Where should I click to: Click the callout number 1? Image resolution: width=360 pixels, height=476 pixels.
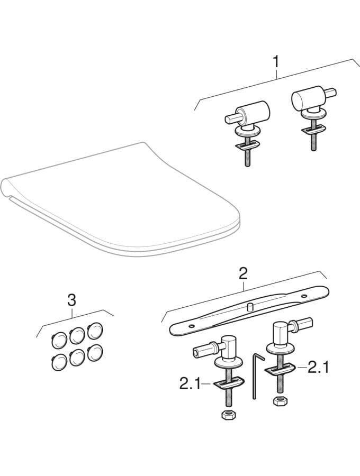[x=275, y=62]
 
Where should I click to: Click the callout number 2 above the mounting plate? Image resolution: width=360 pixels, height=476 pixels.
[x=243, y=273]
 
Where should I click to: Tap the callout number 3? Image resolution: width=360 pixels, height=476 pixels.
[x=71, y=301]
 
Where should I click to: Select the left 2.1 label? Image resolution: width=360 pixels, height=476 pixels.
[x=190, y=384]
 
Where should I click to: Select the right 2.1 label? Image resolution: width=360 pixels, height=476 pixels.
[x=319, y=368]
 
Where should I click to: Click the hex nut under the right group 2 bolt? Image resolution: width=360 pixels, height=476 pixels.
[x=280, y=401]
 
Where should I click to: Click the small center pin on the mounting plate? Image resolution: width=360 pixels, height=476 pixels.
[x=251, y=307]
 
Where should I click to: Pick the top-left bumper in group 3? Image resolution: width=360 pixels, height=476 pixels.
[x=59, y=340]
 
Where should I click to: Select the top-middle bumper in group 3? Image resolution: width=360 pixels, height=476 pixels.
[x=77, y=335]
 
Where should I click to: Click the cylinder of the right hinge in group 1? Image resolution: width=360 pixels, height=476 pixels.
[x=305, y=97]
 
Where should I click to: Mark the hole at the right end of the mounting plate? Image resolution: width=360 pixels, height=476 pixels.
[x=304, y=295]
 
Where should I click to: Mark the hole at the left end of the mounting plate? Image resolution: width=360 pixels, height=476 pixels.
[x=191, y=326]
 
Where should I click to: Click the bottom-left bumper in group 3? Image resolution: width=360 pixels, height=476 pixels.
[x=59, y=362]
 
